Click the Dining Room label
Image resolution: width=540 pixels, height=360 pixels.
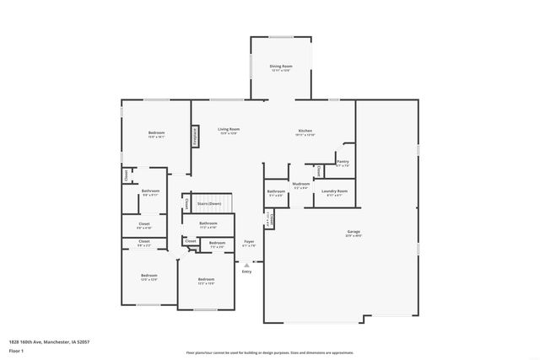[281, 66]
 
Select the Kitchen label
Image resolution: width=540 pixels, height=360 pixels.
[305, 131]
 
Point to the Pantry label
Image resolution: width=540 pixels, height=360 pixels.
[343, 161]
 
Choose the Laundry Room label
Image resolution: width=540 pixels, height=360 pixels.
[335, 191]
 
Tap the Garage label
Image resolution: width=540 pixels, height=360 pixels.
[354, 231]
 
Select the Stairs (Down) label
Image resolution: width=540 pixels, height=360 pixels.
[209, 203]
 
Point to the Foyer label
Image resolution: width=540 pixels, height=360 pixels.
[250, 242]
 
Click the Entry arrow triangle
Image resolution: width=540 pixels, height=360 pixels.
[246, 265]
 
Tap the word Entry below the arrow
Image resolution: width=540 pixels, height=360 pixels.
[246, 271]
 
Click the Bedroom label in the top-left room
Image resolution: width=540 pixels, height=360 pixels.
[157, 132]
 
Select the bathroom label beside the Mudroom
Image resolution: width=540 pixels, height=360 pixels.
[276, 191]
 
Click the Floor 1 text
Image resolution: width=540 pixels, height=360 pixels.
[16, 349]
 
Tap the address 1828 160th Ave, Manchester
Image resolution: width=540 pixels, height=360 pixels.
[49, 341]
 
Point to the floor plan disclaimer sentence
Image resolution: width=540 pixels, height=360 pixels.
[270, 352]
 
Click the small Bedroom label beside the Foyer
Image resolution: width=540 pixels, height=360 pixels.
[217, 243]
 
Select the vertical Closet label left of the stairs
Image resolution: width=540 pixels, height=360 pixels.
[186, 203]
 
